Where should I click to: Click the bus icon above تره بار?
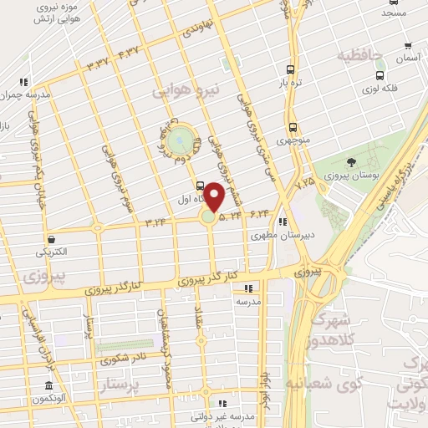pos(290,71)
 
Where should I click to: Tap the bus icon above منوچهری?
pos(293,127)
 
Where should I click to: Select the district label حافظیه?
pos(359,56)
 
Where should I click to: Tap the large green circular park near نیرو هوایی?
pos(179,142)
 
